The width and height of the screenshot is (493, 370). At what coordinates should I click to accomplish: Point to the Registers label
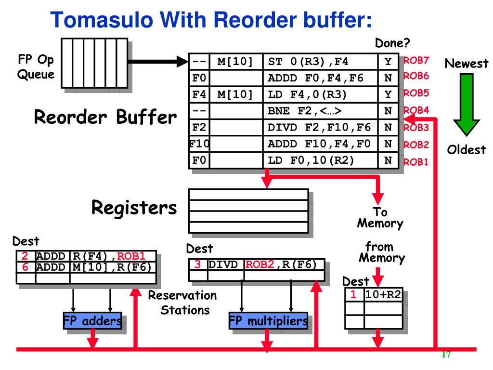(134, 208)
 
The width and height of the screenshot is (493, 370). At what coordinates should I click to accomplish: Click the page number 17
(445, 355)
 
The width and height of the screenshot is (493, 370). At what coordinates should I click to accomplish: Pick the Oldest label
(466, 150)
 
